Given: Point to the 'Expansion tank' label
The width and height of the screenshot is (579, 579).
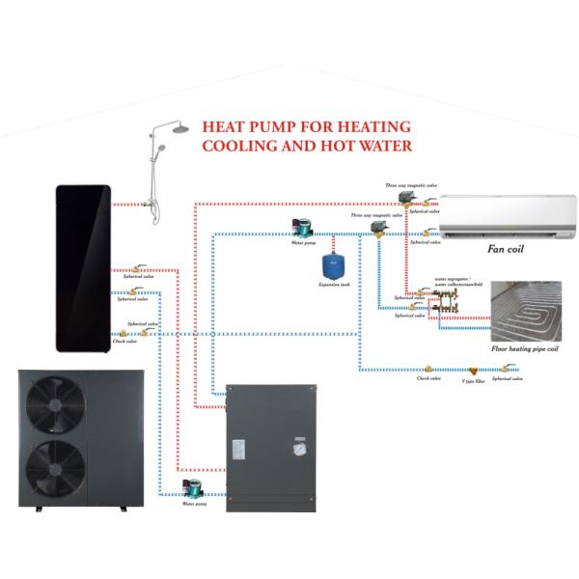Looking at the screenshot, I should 333,286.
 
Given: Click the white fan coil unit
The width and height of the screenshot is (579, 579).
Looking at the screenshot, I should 508,216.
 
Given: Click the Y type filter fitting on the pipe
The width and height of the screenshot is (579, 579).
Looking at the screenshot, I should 473,370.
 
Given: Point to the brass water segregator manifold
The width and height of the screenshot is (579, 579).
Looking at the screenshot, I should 447,304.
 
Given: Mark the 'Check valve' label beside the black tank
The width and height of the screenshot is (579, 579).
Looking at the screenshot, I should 124,341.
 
